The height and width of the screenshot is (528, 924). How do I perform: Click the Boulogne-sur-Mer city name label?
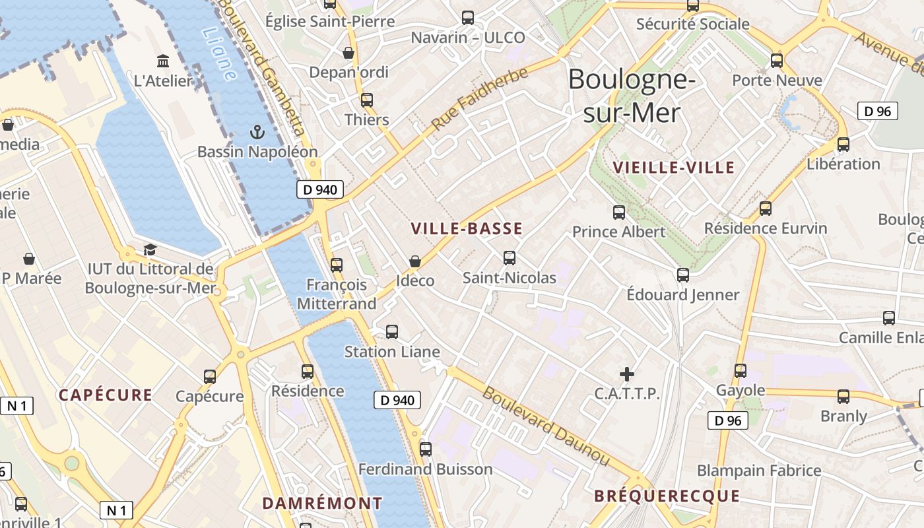coord(632,96)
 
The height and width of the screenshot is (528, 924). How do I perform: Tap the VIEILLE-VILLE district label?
coord(673,168)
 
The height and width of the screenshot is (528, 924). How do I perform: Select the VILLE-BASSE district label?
coord(467,229)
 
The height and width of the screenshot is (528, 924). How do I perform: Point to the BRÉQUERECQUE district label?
coord(667,496)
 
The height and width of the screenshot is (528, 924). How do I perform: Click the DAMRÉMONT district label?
coord(322,503)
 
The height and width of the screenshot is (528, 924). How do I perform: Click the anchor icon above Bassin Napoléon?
coord(257,133)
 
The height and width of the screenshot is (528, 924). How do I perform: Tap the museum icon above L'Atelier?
coord(162,61)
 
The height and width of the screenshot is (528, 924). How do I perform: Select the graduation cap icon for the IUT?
coord(150,250)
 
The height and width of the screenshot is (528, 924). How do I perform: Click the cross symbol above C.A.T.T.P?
coord(626,375)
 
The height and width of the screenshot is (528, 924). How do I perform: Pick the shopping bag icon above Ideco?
coord(415,261)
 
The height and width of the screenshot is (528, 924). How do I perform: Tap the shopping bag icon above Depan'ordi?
coord(348,53)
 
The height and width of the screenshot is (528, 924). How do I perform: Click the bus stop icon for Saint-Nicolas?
coord(509,258)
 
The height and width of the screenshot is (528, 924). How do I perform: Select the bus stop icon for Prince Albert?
coord(618,213)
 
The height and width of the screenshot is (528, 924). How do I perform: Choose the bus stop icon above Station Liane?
coord(392,332)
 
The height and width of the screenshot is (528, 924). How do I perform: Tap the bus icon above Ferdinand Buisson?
coord(426,449)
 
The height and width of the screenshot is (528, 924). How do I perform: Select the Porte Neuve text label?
coord(777,81)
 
